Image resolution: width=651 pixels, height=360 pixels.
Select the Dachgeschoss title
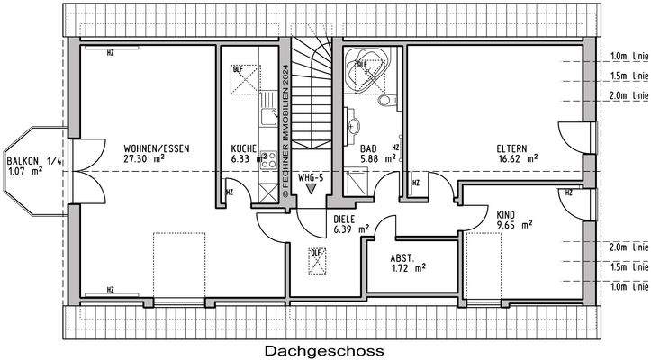pyautogui.click(x=324, y=349)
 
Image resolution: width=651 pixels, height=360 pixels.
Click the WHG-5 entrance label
pyautogui.click(x=312, y=177)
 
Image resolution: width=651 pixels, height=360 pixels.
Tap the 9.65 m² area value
pyautogui.click(x=515, y=225)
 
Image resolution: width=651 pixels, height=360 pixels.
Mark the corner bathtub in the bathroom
pyautogui.click(x=364, y=68)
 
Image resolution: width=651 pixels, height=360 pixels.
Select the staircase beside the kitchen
pyautogui.click(x=312, y=90)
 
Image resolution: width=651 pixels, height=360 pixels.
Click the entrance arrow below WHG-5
pyautogui.click(x=312, y=190)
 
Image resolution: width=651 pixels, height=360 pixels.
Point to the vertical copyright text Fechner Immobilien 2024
pyautogui.click(x=285, y=126)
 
